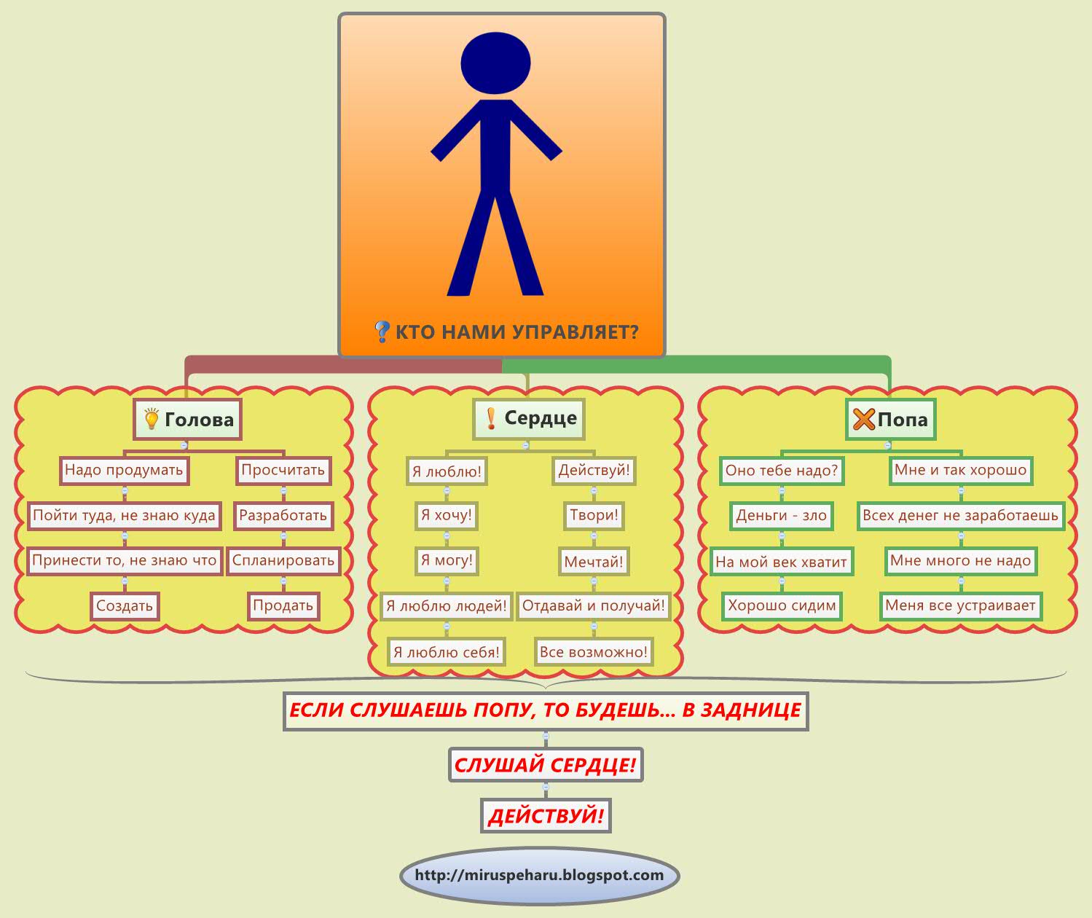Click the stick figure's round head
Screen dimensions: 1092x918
[495, 63]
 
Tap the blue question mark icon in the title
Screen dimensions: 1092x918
[382, 332]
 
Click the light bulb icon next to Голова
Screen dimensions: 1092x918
[152, 420]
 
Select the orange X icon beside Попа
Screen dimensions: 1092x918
[863, 420]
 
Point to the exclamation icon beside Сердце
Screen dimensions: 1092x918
[491, 418]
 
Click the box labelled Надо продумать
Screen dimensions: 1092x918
[124, 470]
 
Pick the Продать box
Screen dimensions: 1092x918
[283, 605]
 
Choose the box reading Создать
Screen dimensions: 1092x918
[125, 605]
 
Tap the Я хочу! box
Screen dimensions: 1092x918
[447, 516]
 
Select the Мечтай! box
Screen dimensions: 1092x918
[594, 562]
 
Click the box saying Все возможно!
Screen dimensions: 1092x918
[594, 652]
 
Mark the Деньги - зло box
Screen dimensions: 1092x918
[782, 516]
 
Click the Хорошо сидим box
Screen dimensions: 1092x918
[782, 605]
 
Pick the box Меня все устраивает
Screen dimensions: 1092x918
[960, 605]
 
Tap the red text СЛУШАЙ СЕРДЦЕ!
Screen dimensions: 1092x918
[546, 765]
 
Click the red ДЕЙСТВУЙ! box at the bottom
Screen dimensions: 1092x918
[546, 816]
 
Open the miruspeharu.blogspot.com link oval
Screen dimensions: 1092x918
[539, 876]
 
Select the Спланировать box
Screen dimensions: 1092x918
[283, 561]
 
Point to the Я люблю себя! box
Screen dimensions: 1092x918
[447, 652]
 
